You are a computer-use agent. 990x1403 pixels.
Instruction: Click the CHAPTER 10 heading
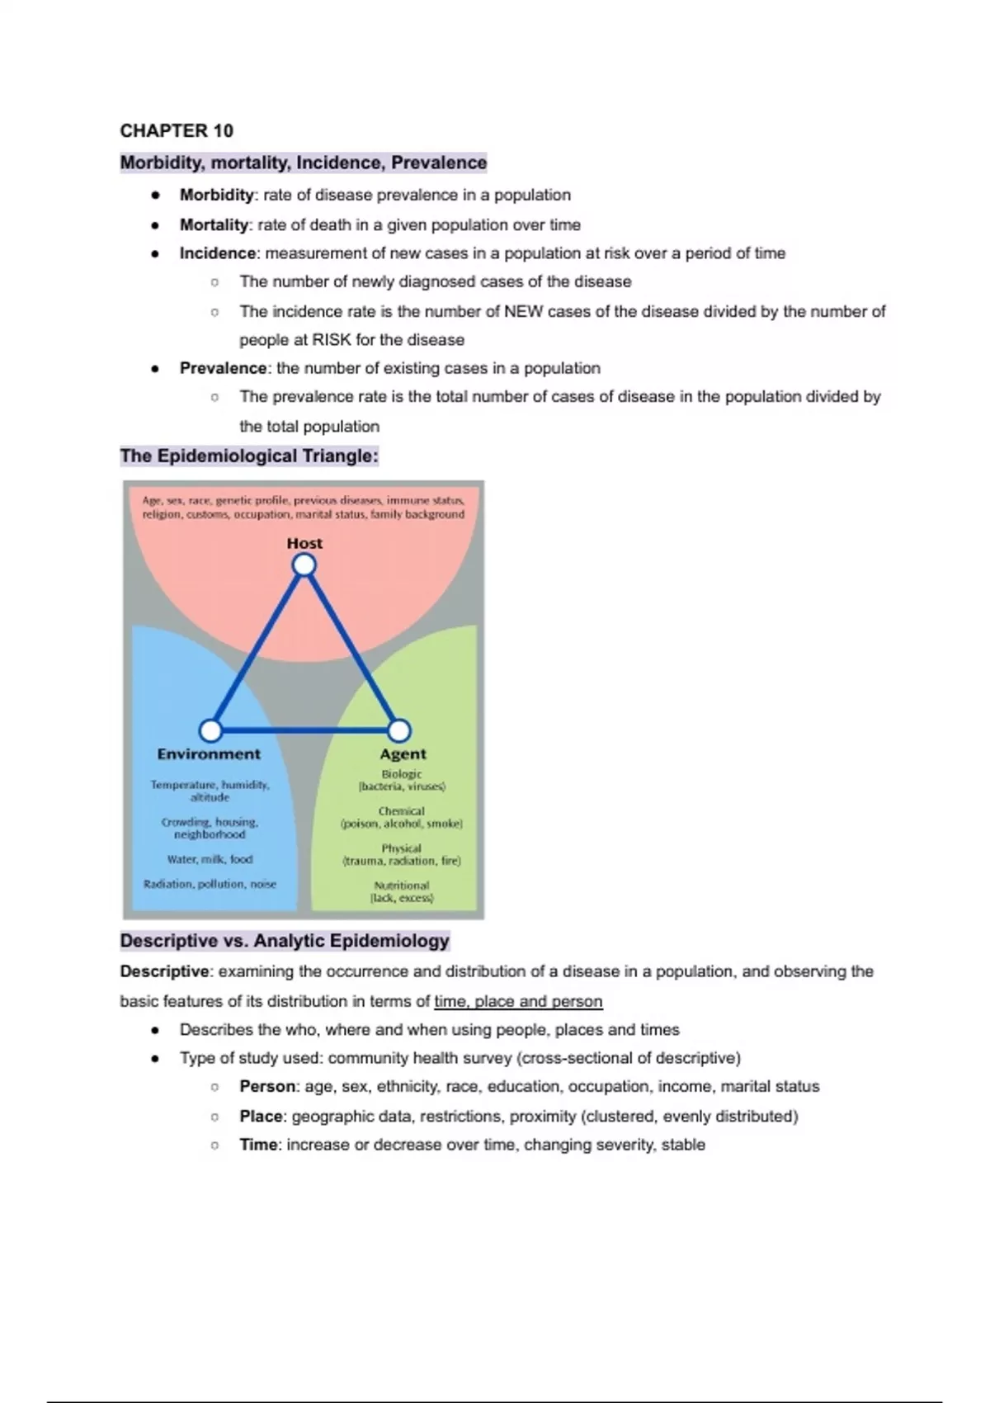[x=177, y=130]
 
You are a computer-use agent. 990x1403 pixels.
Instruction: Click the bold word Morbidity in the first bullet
[x=216, y=195]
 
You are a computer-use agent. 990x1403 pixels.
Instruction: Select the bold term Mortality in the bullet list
[x=214, y=224]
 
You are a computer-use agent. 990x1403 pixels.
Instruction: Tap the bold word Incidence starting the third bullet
[x=218, y=253]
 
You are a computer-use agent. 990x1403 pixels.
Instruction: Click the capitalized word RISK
[x=331, y=340]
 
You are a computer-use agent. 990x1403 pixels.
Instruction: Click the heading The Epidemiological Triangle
[x=249, y=456]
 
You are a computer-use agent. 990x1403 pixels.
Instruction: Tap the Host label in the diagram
[x=304, y=543]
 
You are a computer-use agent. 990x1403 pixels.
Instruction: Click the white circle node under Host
[x=304, y=565]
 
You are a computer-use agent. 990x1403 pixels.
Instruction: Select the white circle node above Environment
[x=210, y=730]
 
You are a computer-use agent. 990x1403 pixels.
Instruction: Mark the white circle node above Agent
[x=399, y=730]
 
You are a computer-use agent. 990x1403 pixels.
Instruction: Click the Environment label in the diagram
[x=209, y=753]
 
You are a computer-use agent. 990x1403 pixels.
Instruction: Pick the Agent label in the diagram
[x=403, y=753]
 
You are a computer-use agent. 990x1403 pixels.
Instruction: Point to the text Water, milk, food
[x=210, y=859]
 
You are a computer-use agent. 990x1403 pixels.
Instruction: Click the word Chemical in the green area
[x=401, y=811]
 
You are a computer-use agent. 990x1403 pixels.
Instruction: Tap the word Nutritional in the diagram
[x=401, y=886]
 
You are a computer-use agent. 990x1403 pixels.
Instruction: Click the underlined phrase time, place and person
[x=518, y=1001]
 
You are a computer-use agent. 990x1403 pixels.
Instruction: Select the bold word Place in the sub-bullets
[x=261, y=1116]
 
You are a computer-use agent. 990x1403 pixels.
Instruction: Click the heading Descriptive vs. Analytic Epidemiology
[x=285, y=941]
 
